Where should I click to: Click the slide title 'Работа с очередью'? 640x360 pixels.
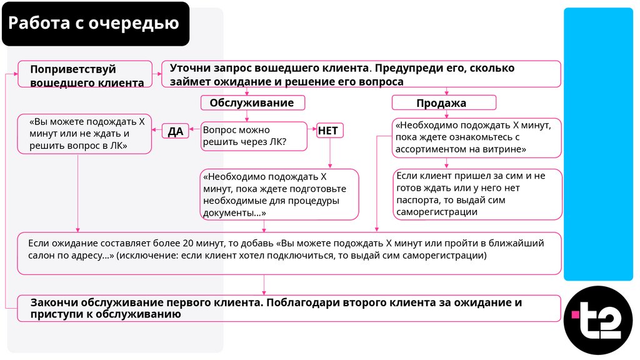click(94, 24)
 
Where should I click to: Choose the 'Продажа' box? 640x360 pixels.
click(444, 102)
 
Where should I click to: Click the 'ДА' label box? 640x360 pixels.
click(176, 131)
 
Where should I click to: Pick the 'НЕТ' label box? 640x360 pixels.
click(328, 131)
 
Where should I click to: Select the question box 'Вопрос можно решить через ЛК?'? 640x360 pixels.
click(253, 136)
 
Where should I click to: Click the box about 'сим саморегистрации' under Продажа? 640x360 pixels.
click(478, 194)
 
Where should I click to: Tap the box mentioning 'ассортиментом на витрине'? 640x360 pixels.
click(477, 137)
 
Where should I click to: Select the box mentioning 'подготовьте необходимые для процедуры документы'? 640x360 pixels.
click(279, 194)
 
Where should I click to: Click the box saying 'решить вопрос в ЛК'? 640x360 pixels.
click(84, 134)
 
